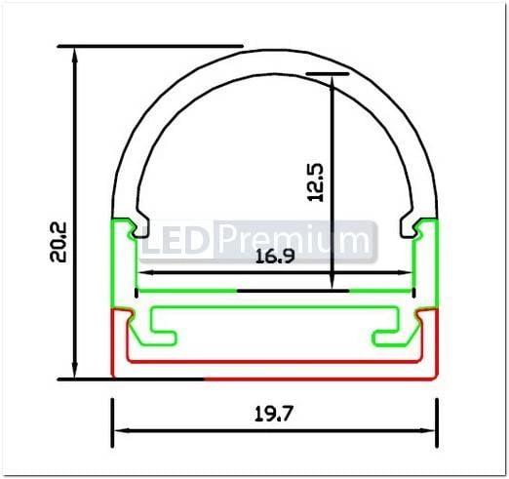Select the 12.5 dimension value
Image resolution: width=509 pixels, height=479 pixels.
click(314, 181)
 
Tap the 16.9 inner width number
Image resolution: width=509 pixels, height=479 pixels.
click(276, 259)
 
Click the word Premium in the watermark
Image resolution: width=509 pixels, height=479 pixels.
click(293, 238)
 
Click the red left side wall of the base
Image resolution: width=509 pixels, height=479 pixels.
click(116, 341)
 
